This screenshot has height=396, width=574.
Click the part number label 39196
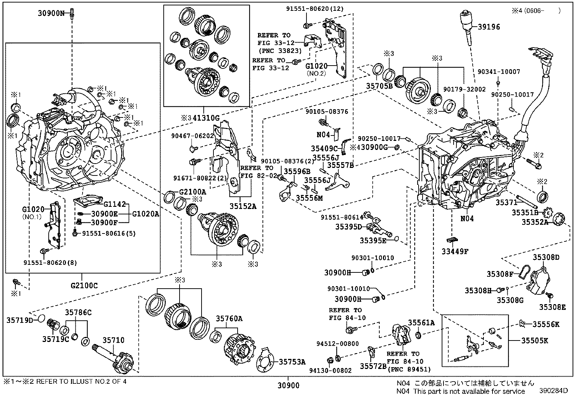[x=489, y=27]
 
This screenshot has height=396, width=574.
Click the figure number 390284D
[x=554, y=391]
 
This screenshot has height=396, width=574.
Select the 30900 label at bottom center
[x=288, y=386]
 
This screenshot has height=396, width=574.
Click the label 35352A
[x=534, y=222]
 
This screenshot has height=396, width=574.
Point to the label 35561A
[x=421, y=323]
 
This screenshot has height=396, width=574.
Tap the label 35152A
[x=243, y=206]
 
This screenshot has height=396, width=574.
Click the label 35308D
[x=546, y=257]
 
